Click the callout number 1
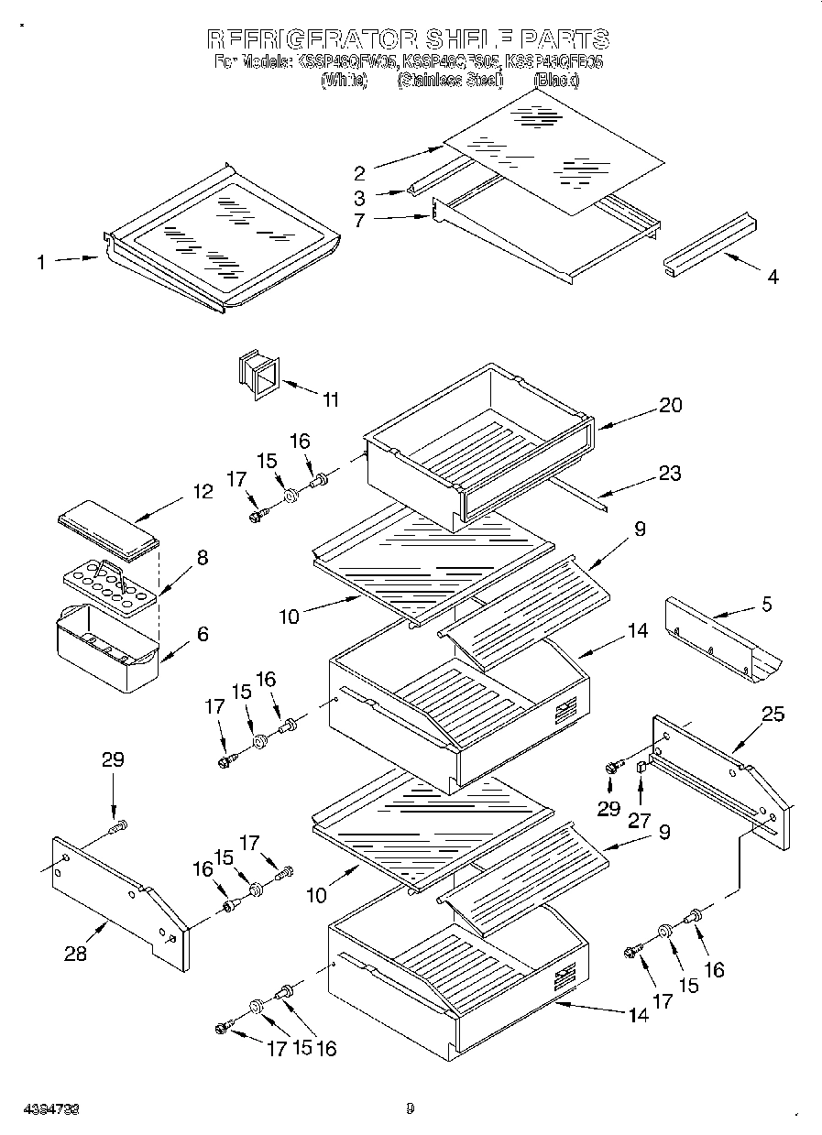pyautogui.click(x=41, y=263)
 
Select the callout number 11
pyautogui.click(x=330, y=399)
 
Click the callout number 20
pyautogui.click(x=671, y=405)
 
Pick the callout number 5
pyautogui.click(x=766, y=605)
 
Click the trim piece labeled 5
pyautogui.click(x=724, y=646)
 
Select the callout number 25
pyautogui.click(x=773, y=715)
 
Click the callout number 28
pyautogui.click(x=76, y=954)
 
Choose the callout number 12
pyautogui.click(x=203, y=492)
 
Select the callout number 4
pyautogui.click(x=773, y=276)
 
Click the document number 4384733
pyautogui.click(x=46, y=1109)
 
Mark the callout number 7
pyautogui.click(x=359, y=221)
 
